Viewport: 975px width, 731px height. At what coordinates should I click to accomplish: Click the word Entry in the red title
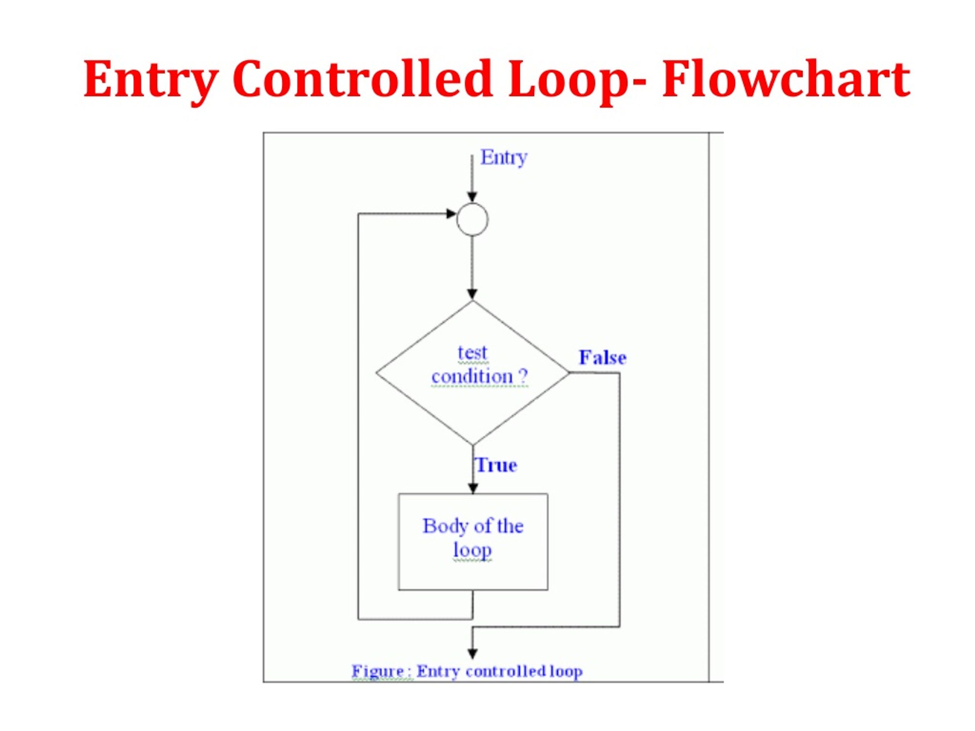151,80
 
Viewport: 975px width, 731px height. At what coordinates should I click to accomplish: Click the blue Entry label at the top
504,158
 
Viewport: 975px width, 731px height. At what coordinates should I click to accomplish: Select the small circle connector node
472,219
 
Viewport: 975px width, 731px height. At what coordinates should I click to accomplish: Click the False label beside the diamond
602,358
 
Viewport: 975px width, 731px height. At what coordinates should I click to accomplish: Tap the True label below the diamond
496,465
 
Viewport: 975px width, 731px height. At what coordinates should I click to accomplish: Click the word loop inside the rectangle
472,550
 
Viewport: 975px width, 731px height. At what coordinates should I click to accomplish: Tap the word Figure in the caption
378,672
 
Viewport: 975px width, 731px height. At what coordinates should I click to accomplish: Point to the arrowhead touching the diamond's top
472,294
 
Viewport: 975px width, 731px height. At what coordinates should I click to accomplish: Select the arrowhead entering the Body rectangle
473,488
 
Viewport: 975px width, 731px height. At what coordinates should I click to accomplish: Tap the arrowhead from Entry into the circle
472,197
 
